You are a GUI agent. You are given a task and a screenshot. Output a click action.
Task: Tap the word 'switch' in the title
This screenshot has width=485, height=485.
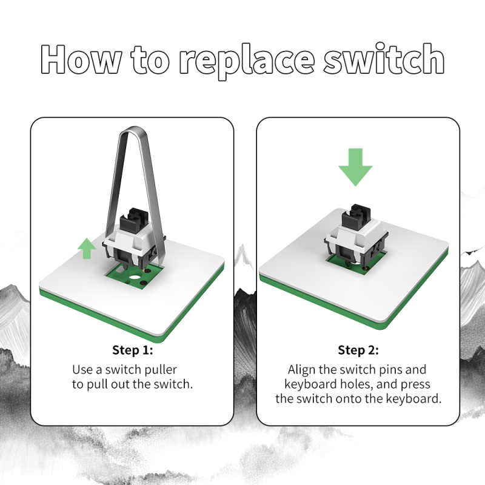coord(383,59)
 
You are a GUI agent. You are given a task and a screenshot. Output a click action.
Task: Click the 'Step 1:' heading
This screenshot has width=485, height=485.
coord(132,350)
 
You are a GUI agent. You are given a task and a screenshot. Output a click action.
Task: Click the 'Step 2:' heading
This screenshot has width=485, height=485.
coord(358,350)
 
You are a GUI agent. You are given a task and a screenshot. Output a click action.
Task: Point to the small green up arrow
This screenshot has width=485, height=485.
coord(87,248)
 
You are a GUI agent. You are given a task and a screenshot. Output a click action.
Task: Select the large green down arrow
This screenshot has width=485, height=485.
coord(355,167)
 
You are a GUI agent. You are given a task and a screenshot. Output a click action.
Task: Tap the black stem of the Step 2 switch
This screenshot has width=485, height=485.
coord(356,218)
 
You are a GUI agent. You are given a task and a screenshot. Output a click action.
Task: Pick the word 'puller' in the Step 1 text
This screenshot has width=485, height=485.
coord(161,369)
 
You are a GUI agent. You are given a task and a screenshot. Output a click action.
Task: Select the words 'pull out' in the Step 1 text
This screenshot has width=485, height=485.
coord(108,384)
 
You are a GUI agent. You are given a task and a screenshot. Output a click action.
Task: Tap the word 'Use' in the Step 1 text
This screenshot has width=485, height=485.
coord(82,369)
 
